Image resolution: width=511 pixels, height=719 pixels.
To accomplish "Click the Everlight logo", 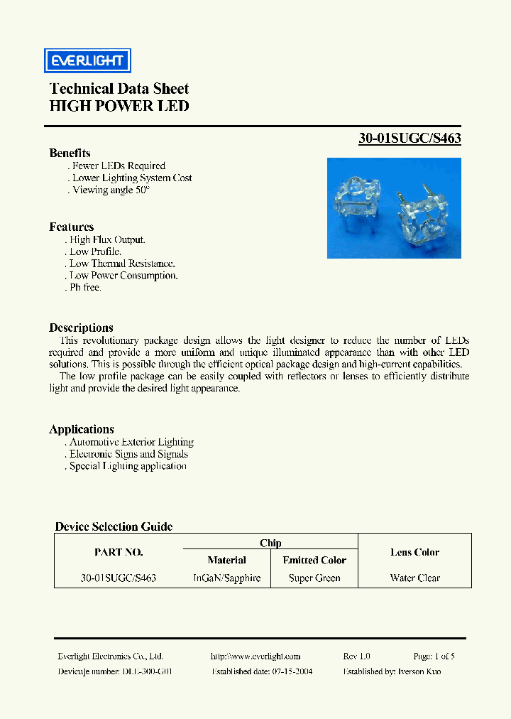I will (x=87, y=61).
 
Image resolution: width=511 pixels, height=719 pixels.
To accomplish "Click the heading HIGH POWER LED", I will (x=119, y=107).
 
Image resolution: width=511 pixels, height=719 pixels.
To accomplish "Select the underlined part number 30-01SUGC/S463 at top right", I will (x=410, y=139).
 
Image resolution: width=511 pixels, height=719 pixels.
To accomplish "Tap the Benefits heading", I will (x=70, y=153).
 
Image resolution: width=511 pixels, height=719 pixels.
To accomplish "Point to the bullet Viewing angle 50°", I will (x=110, y=190).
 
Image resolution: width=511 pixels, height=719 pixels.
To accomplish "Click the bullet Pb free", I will (x=85, y=288).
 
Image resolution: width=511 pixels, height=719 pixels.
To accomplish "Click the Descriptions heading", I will (x=81, y=328).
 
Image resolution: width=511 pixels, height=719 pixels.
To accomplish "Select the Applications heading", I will (x=81, y=429).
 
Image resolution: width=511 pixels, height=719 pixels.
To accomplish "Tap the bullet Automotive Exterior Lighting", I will (x=131, y=442).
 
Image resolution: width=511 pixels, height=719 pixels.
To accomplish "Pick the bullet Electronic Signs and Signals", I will (x=128, y=454).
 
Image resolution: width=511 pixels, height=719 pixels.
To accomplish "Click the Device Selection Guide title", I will (x=114, y=526).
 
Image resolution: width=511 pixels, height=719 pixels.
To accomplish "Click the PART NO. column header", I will (x=119, y=552).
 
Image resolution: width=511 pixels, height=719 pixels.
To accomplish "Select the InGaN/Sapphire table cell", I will (x=227, y=578).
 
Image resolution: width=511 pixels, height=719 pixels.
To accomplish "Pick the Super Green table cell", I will (x=314, y=578).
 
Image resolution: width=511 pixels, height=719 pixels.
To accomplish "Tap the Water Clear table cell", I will (x=414, y=578).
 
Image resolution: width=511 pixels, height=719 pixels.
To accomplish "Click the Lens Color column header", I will (x=414, y=552).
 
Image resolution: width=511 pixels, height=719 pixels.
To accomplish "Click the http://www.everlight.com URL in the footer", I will (x=255, y=656).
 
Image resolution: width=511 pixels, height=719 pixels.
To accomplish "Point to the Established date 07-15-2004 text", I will (x=262, y=671).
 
